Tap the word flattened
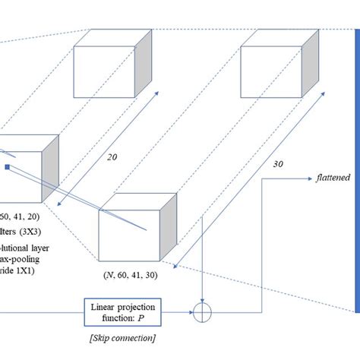(333, 178)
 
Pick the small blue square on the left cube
(7, 166)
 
